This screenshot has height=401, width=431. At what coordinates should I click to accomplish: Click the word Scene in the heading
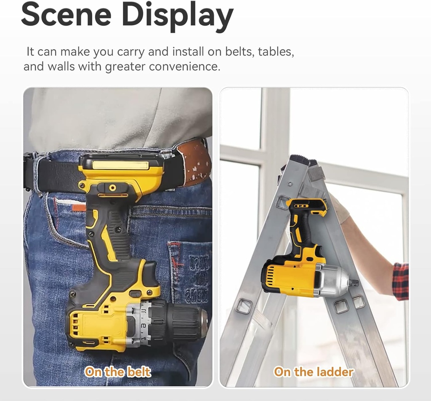coord(66,14)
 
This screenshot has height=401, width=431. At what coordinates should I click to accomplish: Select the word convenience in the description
coord(184,66)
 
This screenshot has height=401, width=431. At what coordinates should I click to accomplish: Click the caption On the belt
coord(118,372)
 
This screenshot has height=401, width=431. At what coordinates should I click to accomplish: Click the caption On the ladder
coord(314,372)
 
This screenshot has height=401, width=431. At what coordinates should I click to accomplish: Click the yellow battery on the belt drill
coord(121,172)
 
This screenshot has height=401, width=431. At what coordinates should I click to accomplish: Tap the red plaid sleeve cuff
coord(401,281)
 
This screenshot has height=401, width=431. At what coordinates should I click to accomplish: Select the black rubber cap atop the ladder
coord(301,159)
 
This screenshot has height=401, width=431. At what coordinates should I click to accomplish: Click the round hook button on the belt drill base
coord(112,187)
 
